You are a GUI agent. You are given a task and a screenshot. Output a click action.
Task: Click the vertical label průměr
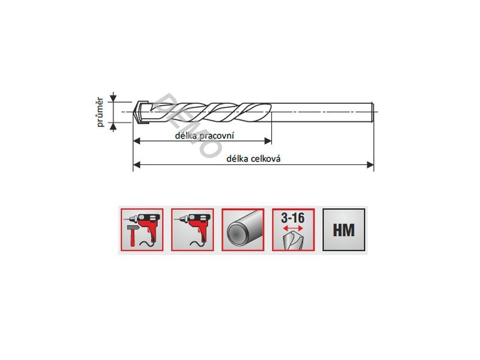click(x=100, y=112)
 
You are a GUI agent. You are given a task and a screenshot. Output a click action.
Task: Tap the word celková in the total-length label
click(x=266, y=158)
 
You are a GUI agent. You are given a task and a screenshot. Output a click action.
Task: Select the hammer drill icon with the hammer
click(x=142, y=230)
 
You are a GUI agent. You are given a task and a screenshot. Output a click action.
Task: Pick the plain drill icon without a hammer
click(x=193, y=230)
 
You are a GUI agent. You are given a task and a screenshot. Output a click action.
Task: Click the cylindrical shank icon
click(x=243, y=230)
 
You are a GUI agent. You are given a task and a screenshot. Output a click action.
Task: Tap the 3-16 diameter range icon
click(x=293, y=230)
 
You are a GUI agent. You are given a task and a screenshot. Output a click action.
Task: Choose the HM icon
click(x=344, y=230)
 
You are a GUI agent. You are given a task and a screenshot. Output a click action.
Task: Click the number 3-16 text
click(x=293, y=218)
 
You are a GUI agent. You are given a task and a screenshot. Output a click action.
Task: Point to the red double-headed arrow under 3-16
click(x=293, y=228)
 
